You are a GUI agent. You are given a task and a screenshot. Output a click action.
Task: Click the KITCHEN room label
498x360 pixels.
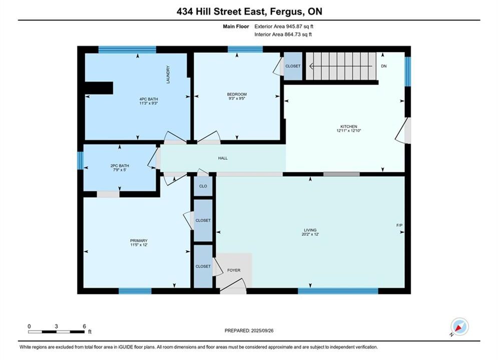pos(349,126)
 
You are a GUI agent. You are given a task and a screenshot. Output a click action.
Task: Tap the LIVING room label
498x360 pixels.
pos(310,230)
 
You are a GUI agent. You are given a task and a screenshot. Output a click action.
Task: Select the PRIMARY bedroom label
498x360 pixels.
pos(139,240)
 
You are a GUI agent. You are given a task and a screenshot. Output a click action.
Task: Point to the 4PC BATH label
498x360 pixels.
pos(149,99)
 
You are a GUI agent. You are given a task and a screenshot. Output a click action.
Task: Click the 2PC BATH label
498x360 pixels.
pos(120,165)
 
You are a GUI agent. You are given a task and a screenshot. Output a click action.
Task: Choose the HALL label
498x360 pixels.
pos(223,158)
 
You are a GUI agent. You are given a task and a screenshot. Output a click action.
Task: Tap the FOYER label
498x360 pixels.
pos(234,270)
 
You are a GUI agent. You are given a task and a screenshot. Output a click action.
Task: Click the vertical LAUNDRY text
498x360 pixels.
pos(168,74)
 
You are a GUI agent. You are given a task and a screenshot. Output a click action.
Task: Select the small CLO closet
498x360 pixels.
pos(203,186)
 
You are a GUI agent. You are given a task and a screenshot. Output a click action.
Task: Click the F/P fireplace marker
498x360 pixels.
pos(399,225)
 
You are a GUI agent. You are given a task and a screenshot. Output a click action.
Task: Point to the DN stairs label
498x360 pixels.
pos(384,66)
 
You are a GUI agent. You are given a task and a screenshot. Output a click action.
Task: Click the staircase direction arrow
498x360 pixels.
pos(341,66)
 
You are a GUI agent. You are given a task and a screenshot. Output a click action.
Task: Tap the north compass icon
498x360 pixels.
pos(459,326)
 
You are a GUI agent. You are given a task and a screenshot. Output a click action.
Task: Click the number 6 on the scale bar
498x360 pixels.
pos(84,326)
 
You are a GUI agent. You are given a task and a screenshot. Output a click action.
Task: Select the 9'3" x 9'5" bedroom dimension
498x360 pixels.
pos(237,98)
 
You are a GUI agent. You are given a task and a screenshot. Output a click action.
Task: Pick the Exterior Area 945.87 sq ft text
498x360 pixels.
pos(284,26)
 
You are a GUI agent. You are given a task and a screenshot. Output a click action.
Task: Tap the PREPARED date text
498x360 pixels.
pos(249,330)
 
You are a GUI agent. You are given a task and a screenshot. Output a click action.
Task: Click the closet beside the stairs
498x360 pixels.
pos(293,66)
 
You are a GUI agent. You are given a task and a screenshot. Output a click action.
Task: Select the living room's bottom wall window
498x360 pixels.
pos(338,291)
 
